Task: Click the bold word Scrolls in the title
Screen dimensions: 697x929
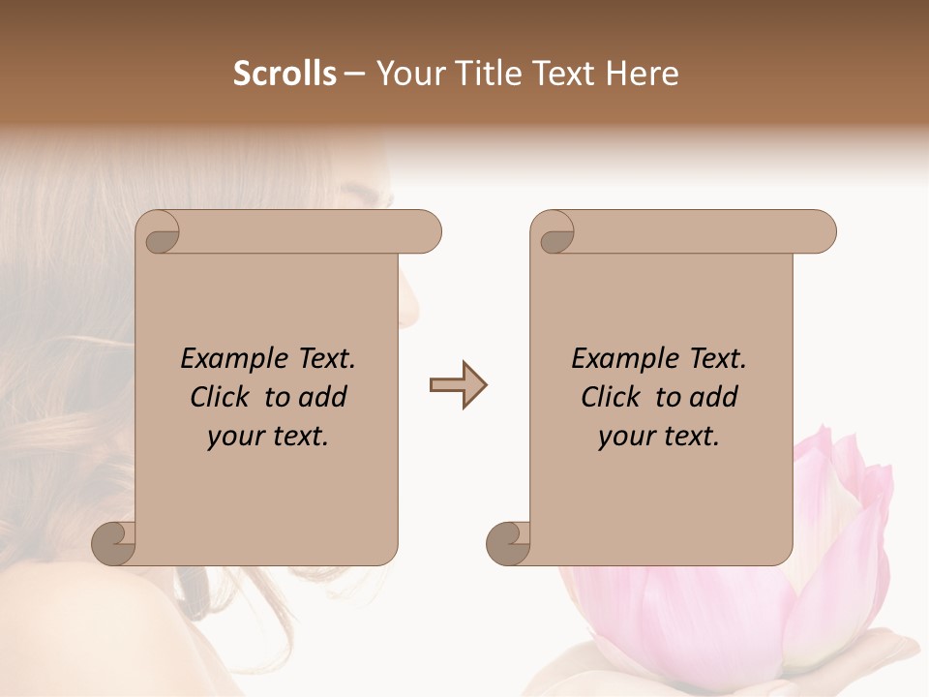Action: tap(285, 74)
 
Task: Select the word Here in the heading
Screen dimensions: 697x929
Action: tap(643, 74)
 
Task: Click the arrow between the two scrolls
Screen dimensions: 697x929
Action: tap(458, 385)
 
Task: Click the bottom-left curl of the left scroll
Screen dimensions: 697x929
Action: tap(112, 542)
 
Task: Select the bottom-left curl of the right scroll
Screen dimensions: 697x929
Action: tap(507, 542)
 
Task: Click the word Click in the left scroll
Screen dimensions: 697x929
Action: tap(219, 397)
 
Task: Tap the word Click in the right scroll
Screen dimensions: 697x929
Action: tap(610, 397)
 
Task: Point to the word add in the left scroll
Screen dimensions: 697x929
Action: tap(324, 397)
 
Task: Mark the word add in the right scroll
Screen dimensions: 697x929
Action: tap(715, 397)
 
